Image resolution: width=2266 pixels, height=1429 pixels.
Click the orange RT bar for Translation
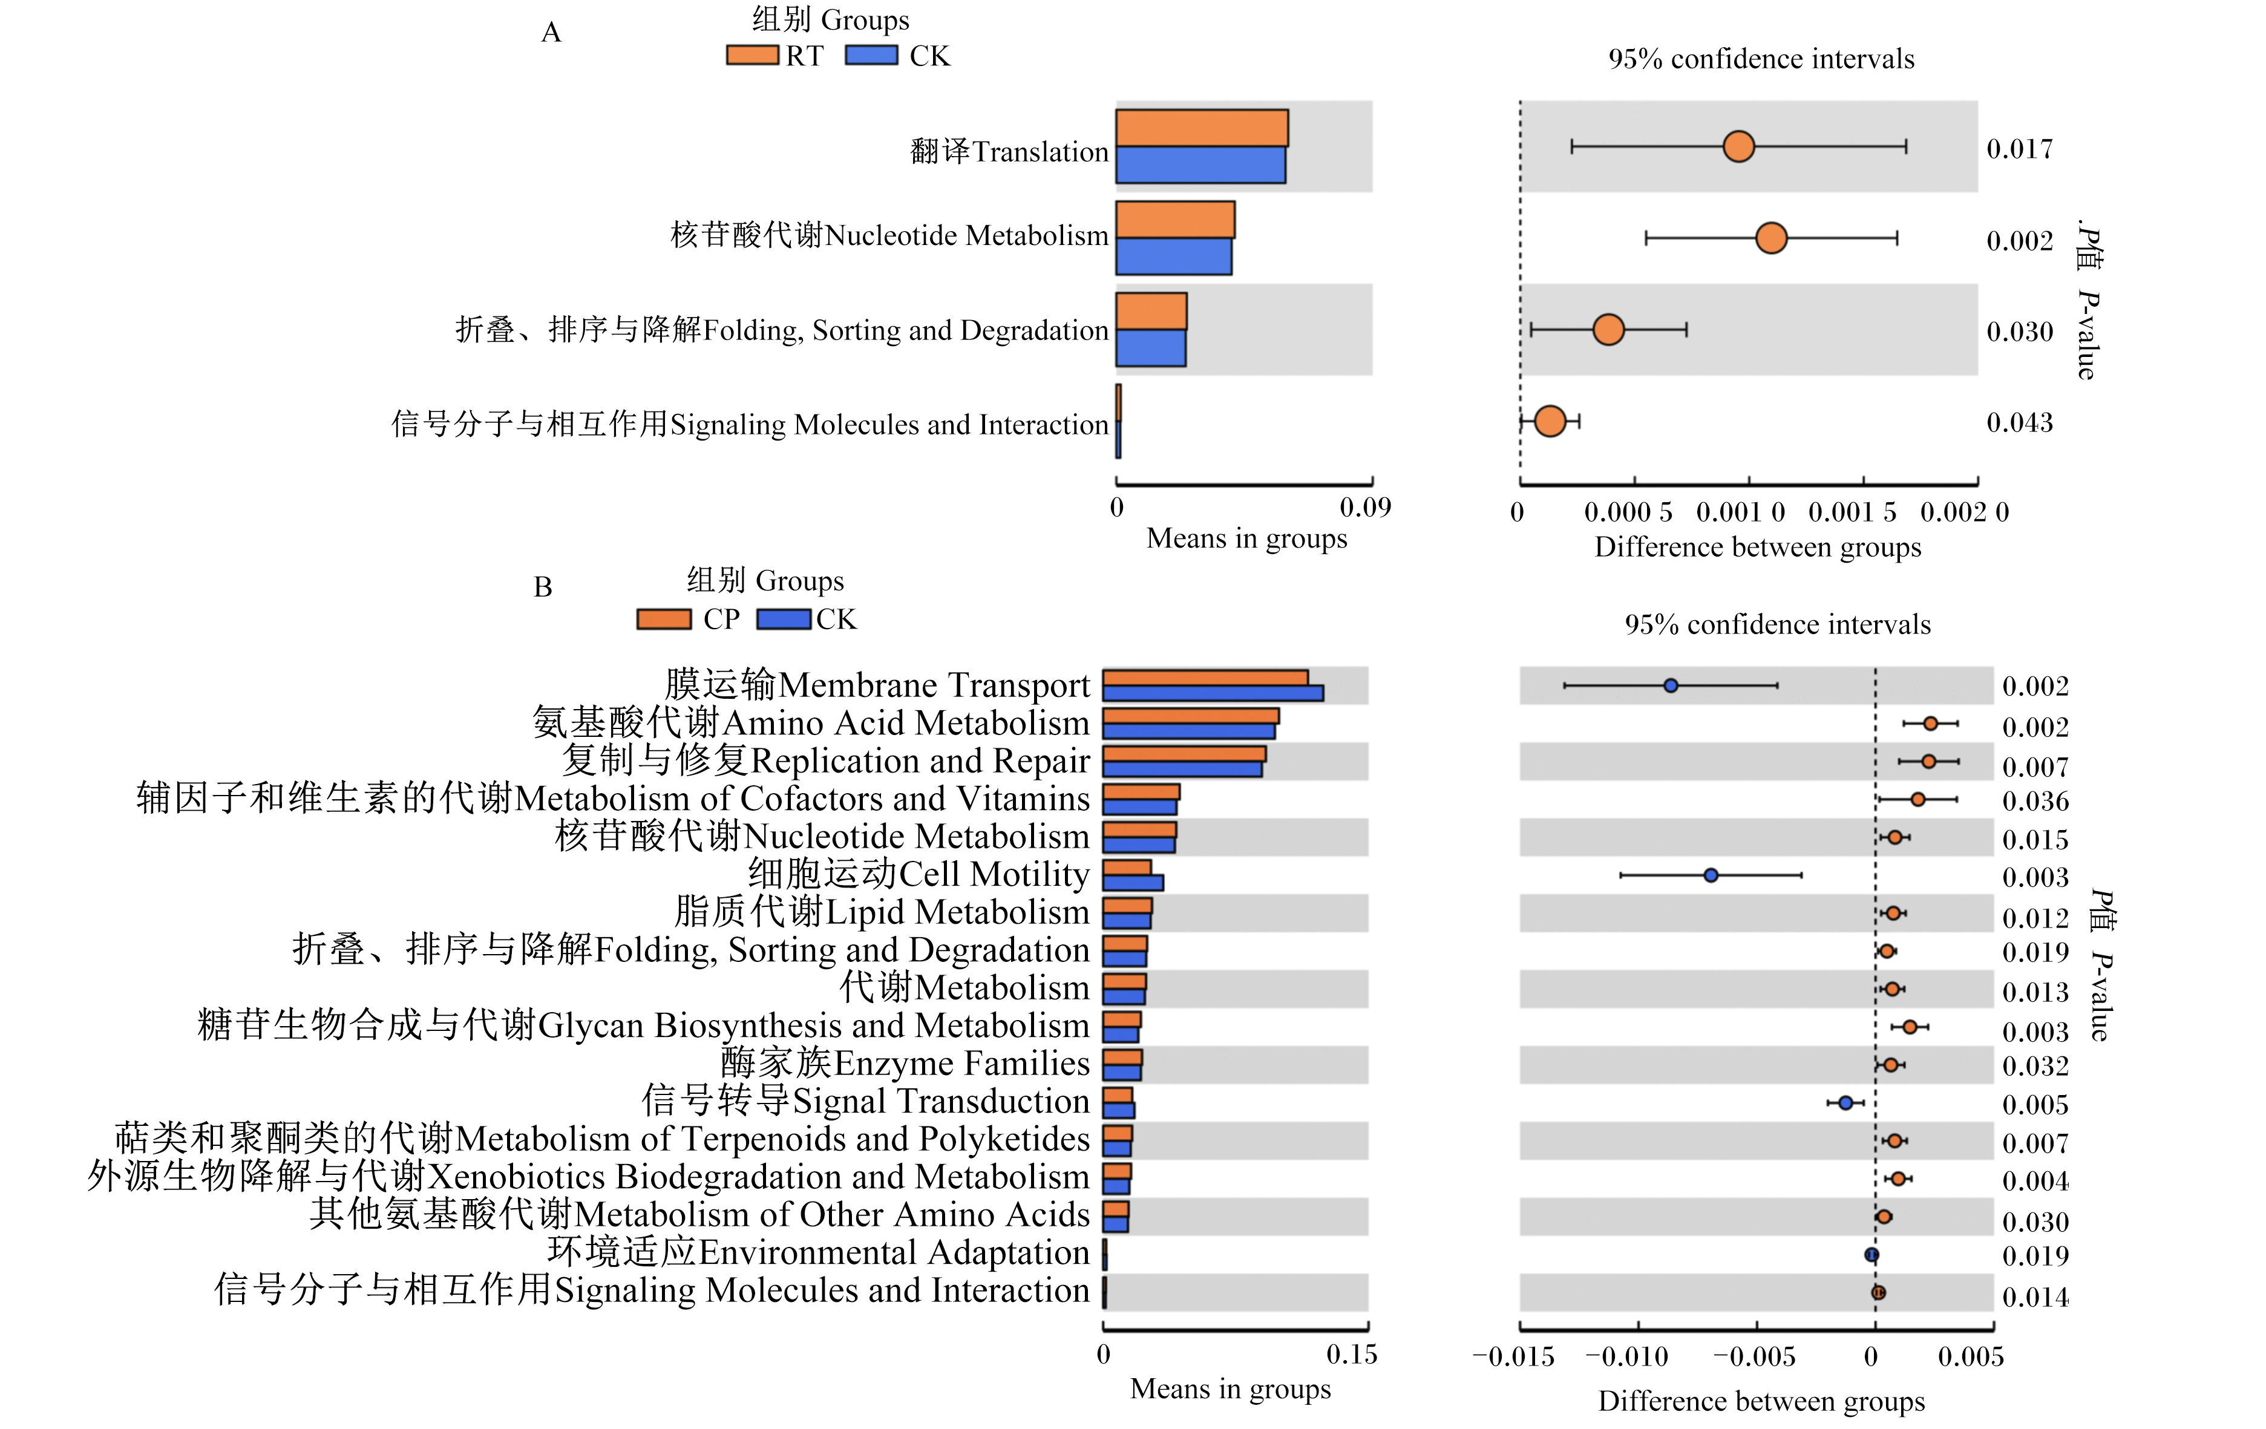tap(1202, 128)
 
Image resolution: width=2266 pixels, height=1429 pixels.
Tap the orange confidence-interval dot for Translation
tap(1738, 147)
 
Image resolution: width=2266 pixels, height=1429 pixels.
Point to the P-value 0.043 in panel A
tap(2020, 422)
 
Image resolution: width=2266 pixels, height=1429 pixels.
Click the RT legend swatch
tap(752, 56)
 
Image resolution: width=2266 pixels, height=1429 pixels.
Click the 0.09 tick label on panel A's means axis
tap(1366, 507)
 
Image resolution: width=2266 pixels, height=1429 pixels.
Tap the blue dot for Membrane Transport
tap(1671, 686)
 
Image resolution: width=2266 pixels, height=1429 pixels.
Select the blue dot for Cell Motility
tap(1711, 875)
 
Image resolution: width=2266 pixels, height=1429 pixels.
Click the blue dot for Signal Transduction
tap(1845, 1102)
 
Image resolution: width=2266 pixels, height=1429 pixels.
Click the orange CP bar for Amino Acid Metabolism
tap(1190, 716)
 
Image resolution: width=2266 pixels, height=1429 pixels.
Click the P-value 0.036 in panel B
tap(2035, 802)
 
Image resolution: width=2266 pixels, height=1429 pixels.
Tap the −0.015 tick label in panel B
tap(1513, 1356)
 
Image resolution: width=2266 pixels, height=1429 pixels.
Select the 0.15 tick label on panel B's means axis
tap(1352, 1355)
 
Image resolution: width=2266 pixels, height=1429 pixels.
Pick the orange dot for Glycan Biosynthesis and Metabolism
tap(1910, 1026)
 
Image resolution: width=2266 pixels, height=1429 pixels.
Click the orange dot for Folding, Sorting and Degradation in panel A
tap(1608, 329)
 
